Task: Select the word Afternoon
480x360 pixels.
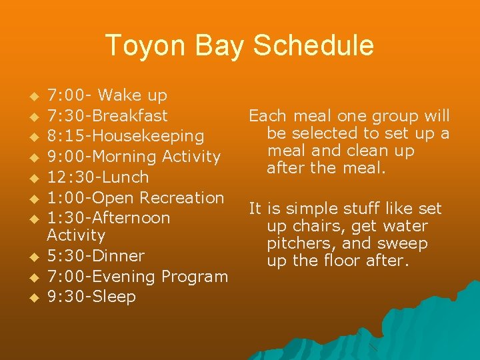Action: (130, 217)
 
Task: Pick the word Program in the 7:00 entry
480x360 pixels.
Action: (196, 276)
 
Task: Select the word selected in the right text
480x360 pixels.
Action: (322, 133)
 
